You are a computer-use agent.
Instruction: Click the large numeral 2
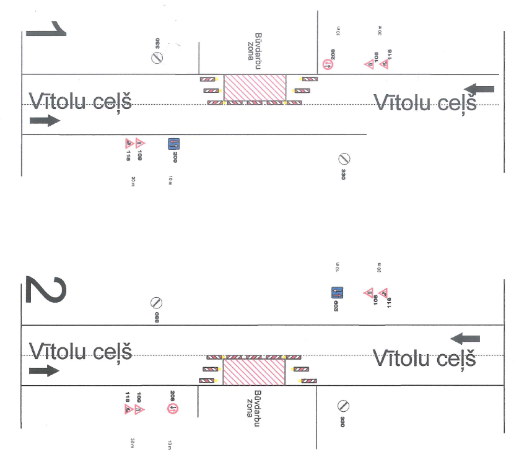click(45, 290)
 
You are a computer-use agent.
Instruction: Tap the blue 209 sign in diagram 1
click(173, 144)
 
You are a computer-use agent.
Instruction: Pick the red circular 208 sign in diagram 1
click(328, 64)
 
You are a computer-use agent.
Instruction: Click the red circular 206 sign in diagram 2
click(173, 409)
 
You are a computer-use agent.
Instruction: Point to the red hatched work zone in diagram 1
click(255, 88)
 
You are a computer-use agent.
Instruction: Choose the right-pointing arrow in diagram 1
click(45, 120)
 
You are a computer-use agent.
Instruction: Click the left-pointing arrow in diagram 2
click(465, 338)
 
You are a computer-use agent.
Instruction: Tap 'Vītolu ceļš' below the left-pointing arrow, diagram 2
click(424, 359)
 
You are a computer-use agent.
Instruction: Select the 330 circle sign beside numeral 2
click(156, 303)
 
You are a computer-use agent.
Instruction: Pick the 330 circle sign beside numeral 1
click(157, 58)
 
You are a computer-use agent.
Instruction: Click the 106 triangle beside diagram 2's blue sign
click(369, 293)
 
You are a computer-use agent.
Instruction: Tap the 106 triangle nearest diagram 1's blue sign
click(140, 143)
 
